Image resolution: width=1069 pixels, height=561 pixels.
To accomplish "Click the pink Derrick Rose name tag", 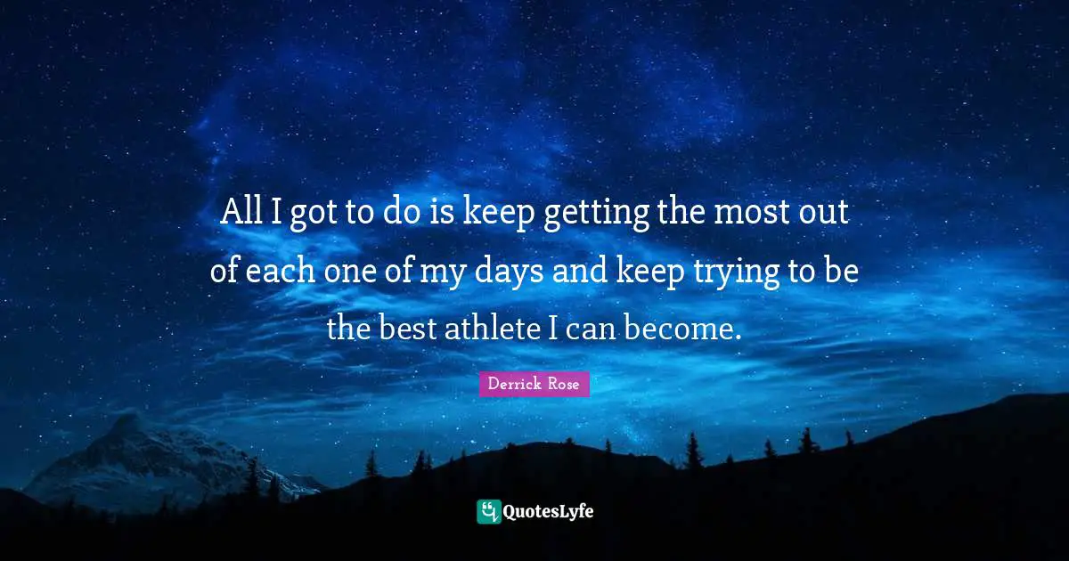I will pyautogui.click(x=534, y=384).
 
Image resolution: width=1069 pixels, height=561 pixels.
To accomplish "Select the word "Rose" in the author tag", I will pyautogui.click(x=564, y=384).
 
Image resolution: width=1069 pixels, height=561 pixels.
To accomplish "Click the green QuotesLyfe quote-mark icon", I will pyautogui.click(x=488, y=511).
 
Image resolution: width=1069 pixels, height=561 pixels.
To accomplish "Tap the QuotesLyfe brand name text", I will pyautogui.click(x=549, y=511).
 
